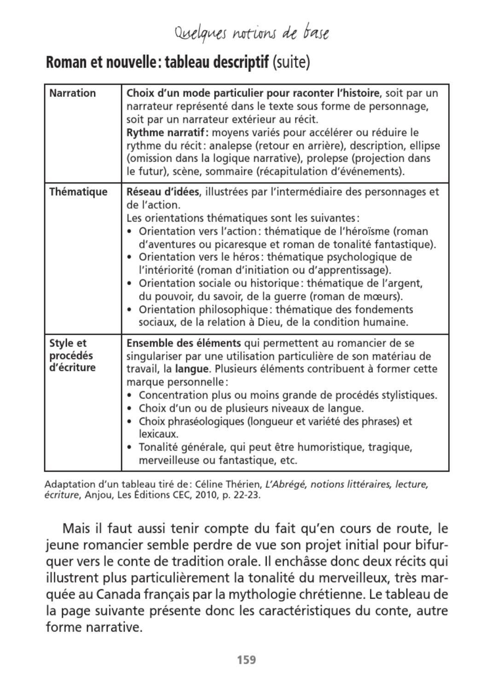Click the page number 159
pyautogui.click(x=246, y=660)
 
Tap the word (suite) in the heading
pyautogui.click(x=291, y=62)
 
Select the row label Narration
pyautogui.click(x=73, y=93)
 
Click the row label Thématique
pyautogui.click(x=78, y=192)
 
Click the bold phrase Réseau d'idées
pyautogui.click(x=163, y=192)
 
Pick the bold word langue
pyautogui.click(x=191, y=369)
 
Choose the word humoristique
pyautogui.click(x=328, y=447)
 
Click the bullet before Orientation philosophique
pyautogui.click(x=130, y=310)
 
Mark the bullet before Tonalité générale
pyautogui.click(x=130, y=447)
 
